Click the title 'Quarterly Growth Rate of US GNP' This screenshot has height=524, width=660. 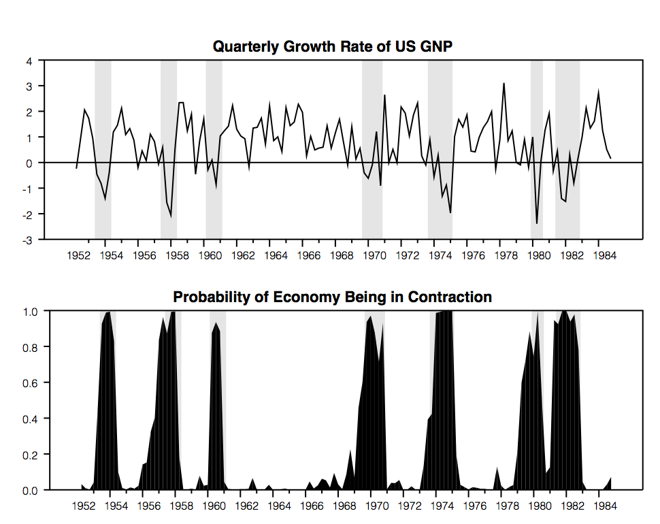(x=333, y=46)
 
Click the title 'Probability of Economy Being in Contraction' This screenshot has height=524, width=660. (x=332, y=297)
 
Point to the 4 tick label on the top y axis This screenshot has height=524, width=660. (x=29, y=61)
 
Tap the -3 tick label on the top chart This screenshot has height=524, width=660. (x=28, y=240)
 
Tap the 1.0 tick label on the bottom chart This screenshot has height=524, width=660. (x=25, y=311)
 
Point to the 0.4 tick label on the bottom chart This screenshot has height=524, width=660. (x=25, y=419)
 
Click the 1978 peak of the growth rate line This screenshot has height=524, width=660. (x=504, y=84)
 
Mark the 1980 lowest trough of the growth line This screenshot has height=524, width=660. (x=537, y=223)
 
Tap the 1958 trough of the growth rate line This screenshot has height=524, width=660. (x=171, y=216)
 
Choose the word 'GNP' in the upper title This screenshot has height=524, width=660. (x=437, y=46)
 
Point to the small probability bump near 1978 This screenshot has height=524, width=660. (x=497, y=469)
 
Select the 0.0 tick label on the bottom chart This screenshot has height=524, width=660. (x=25, y=490)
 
